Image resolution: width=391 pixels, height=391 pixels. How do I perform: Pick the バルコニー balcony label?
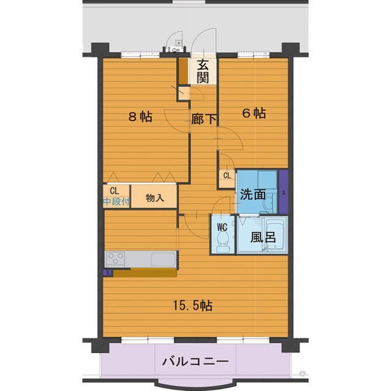[195, 362]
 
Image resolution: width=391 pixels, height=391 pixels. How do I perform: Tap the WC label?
[222, 226]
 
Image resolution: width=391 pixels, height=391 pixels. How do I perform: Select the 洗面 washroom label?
[252, 195]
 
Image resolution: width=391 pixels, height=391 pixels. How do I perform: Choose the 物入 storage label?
[155, 198]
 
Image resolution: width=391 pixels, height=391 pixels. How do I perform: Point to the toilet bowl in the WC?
[222, 243]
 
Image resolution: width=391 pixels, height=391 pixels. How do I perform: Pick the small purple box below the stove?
[108, 273]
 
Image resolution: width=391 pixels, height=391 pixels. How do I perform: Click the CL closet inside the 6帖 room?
[227, 176]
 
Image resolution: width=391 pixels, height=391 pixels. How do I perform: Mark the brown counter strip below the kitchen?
[145, 273]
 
